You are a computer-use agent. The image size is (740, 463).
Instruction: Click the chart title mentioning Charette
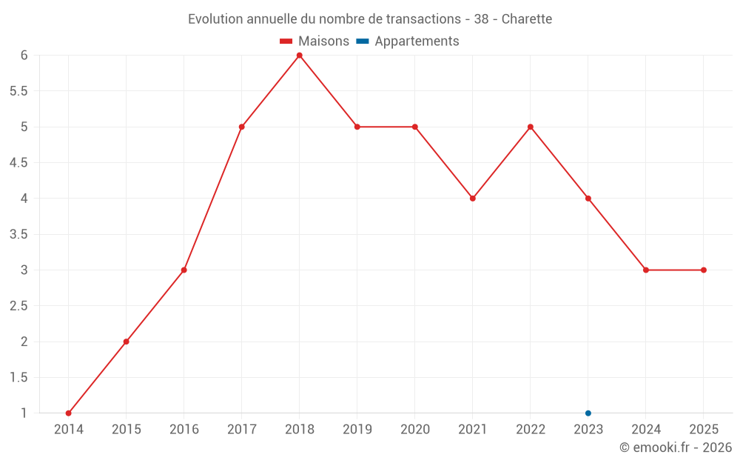(370, 19)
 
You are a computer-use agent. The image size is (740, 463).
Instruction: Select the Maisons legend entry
(314, 41)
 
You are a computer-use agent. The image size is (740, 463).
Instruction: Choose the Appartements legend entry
(408, 41)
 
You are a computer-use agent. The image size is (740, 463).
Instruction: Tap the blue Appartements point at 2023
(588, 413)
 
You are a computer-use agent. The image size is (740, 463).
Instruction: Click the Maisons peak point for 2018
(300, 55)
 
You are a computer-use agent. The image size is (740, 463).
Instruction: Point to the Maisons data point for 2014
(69, 413)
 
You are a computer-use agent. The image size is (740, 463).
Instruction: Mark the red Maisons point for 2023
(588, 199)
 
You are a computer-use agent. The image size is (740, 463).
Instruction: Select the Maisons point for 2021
(473, 199)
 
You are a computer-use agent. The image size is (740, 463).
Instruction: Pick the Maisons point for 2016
(184, 270)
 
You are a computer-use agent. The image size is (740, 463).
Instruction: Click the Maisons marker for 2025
(704, 270)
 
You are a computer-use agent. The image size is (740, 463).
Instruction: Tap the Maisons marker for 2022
(531, 127)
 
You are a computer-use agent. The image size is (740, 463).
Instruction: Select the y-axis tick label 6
(24, 55)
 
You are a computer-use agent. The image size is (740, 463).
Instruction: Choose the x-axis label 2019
(357, 430)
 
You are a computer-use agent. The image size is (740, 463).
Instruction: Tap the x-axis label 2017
(242, 430)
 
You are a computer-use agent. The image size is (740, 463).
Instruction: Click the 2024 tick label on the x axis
(646, 430)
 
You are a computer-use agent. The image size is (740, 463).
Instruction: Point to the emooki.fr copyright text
(676, 447)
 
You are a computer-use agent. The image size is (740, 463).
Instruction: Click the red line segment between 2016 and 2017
(213, 199)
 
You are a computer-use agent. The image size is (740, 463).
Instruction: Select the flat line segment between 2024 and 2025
(675, 270)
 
